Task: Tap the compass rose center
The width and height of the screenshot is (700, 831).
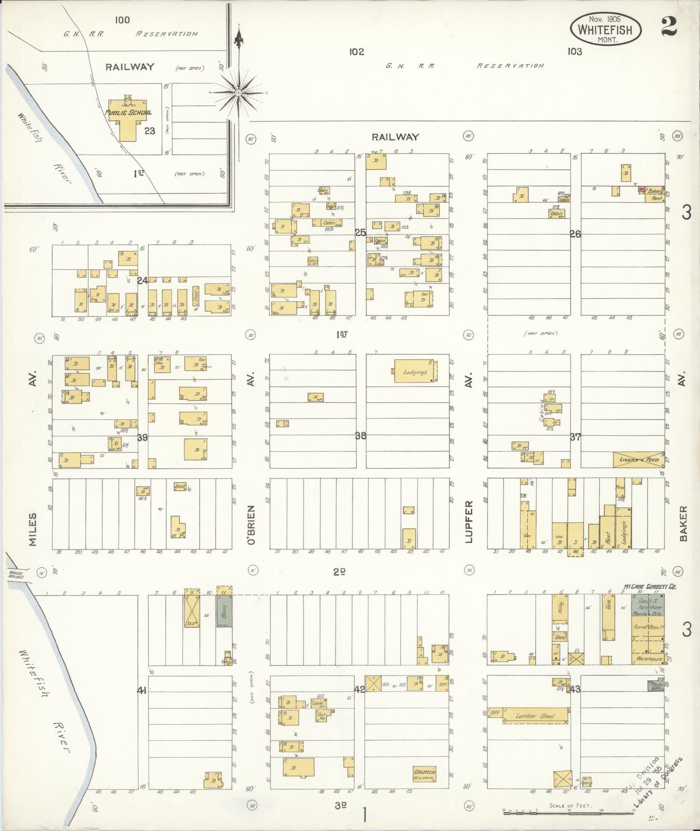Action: pyautogui.click(x=238, y=93)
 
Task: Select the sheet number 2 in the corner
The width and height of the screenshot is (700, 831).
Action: pyautogui.click(x=669, y=27)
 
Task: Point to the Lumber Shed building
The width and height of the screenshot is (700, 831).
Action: pyautogui.click(x=536, y=715)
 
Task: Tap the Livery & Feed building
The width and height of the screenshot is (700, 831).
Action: pyautogui.click(x=638, y=460)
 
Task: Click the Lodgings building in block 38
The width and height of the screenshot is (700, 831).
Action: pyautogui.click(x=415, y=371)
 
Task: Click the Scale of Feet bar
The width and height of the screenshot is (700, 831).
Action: pyautogui.click(x=569, y=811)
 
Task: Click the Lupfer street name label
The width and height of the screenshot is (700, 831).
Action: pyautogui.click(x=468, y=522)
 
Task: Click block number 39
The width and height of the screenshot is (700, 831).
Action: pyautogui.click(x=142, y=437)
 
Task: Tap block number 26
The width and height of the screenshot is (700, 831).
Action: pyautogui.click(x=575, y=234)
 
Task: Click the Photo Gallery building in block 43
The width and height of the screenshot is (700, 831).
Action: pyautogui.click(x=656, y=686)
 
